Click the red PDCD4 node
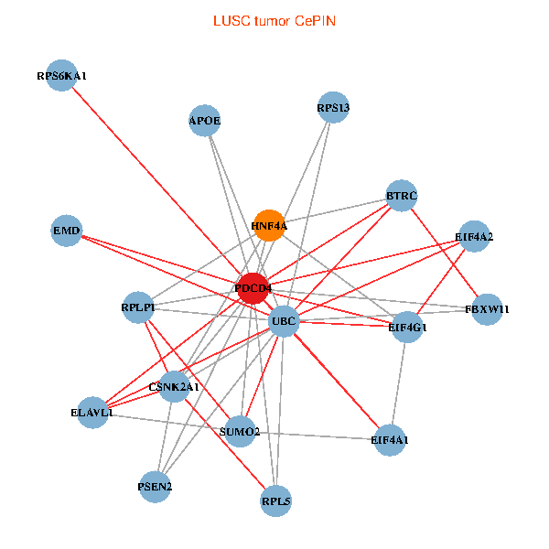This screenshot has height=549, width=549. [253, 289]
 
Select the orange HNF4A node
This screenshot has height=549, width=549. [269, 225]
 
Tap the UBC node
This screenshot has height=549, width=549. [284, 321]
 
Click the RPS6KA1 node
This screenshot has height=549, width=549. [61, 77]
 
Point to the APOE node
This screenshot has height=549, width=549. [205, 121]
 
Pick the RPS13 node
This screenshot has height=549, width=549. [333, 108]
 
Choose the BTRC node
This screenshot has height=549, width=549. [402, 196]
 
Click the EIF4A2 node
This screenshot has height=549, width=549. [474, 237]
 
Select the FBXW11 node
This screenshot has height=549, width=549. [488, 309]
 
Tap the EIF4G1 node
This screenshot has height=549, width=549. [407, 327]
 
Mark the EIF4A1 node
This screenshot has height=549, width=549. [391, 440]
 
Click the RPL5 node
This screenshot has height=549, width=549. [275, 501]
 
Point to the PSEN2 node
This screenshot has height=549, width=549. [155, 486]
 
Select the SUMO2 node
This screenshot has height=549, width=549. [240, 431]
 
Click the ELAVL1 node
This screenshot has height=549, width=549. [92, 413]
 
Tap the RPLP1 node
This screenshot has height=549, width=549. [138, 307]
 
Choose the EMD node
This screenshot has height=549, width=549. [68, 231]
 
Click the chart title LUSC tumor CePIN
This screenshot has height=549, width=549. [274, 20]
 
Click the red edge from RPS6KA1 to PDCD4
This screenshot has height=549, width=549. [156, 181]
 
